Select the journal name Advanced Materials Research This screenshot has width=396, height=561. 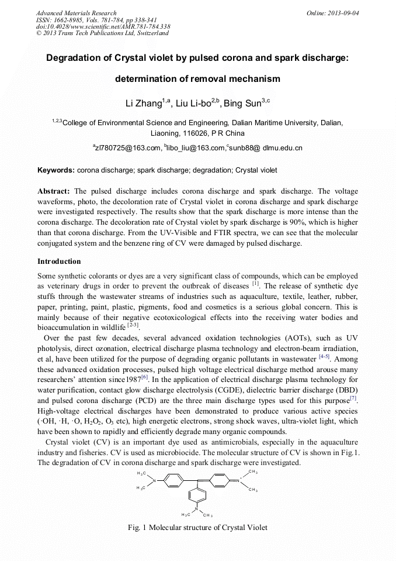76,13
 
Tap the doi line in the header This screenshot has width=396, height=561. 103,26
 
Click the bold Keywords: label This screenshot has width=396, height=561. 56,170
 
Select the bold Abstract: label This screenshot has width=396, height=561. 54,191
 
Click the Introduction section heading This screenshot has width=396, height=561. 59,261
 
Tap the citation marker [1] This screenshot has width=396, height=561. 255,284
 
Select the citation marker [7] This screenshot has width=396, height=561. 353,399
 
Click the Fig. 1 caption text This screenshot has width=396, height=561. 197,527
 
